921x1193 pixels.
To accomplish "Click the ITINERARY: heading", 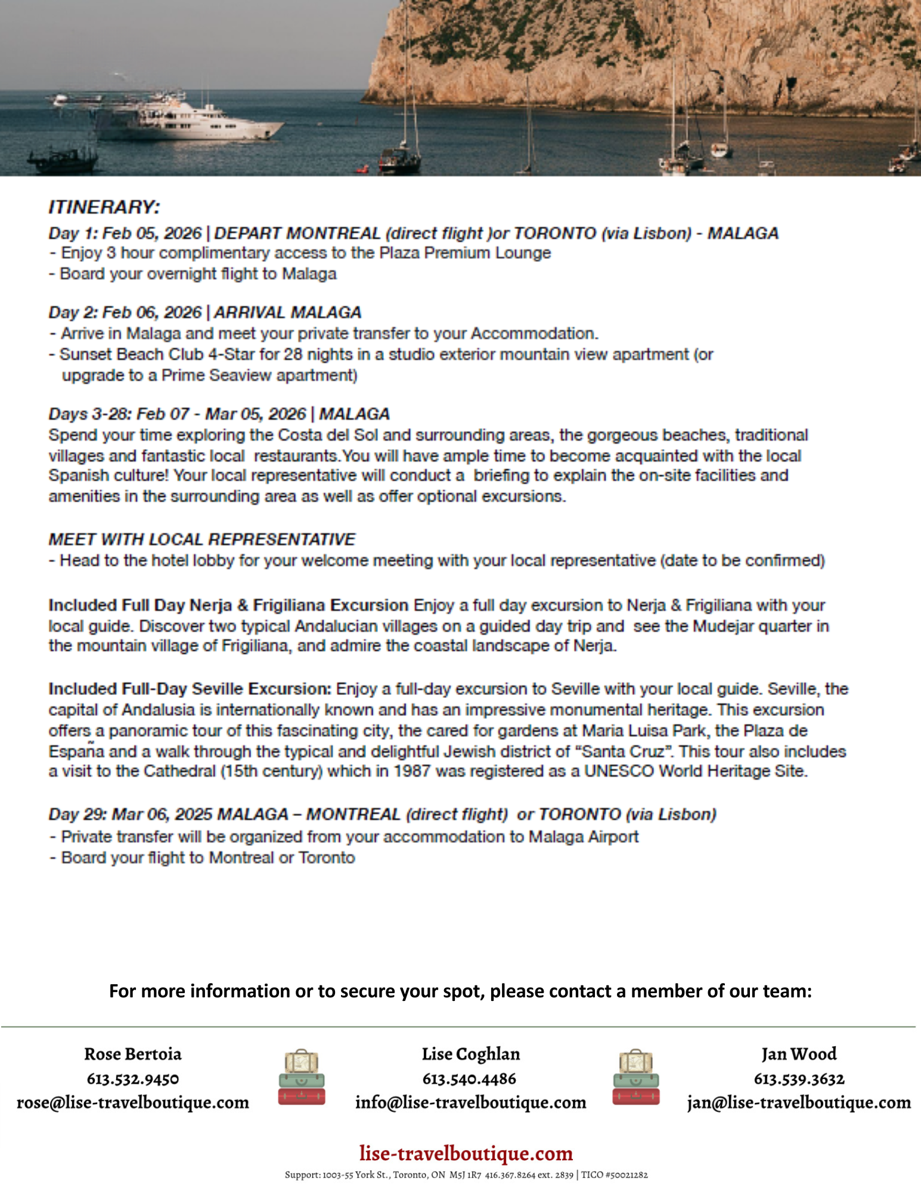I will (104, 207).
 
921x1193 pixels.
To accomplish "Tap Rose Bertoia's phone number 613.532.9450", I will (132, 1078).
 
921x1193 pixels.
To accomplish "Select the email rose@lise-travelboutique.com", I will (132, 1102).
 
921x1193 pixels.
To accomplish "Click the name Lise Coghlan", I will (470, 1054).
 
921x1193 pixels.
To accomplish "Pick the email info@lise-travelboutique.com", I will (470, 1102).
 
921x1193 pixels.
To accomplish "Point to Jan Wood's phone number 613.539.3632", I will (799, 1078).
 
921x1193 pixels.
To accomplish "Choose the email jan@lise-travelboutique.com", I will (799, 1102).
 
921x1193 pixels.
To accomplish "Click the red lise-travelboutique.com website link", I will (466, 1153).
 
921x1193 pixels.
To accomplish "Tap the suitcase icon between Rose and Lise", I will (302, 1077).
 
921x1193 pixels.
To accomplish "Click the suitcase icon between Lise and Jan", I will (636, 1077).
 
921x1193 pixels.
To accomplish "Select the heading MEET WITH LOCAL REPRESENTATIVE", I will (201, 539).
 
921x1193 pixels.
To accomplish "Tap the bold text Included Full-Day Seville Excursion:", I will (190, 689).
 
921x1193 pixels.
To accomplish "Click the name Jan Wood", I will (799, 1054).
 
